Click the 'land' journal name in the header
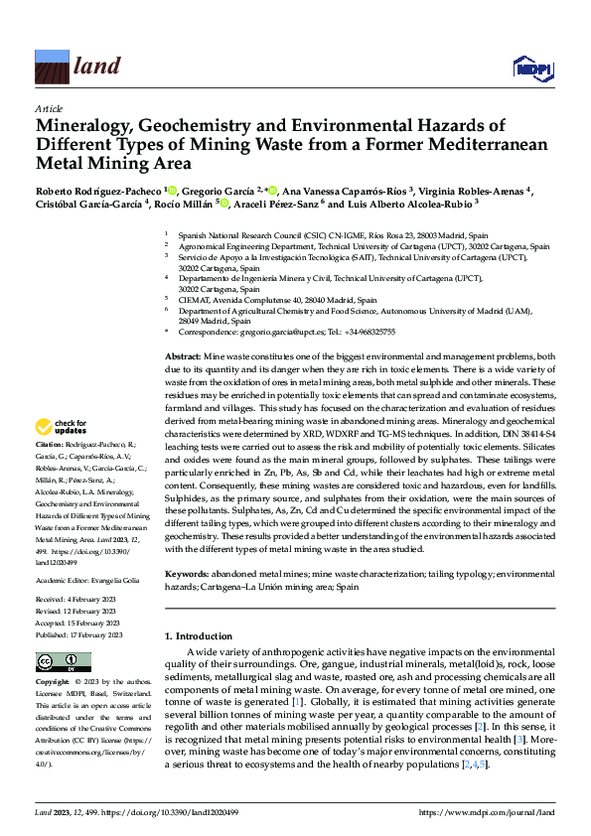pyautogui.click(x=97, y=67)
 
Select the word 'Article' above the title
pyautogui.click(x=48, y=107)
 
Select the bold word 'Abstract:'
pyautogui.click(x=183, y=355)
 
